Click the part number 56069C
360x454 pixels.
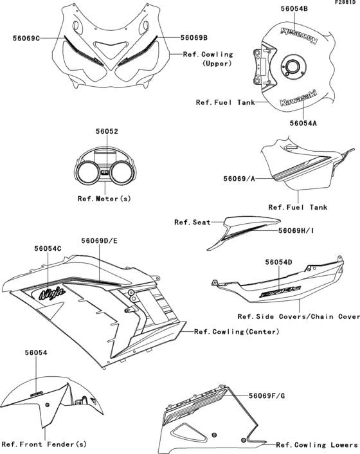point(26,39)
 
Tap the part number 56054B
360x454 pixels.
point(276,8)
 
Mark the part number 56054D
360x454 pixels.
point(278,262)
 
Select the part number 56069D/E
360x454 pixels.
point(99,241)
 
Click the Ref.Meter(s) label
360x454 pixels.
point(104,199)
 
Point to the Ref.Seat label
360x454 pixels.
point(190,222)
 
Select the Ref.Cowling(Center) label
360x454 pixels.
point(236,332)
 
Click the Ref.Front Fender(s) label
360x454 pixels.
point(44,444)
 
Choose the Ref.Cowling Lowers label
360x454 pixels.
point(316,444)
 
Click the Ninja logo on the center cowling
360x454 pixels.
point(52,294)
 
